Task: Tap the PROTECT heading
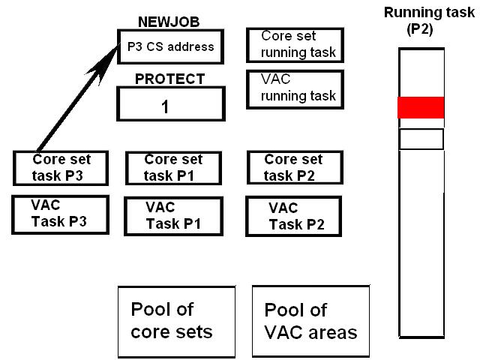(x=169, y=79)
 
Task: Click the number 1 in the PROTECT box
(x=164, y=106)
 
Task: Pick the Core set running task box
(x=295, y=45)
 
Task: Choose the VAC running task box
(x=295, y=89)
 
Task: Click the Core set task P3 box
(x=61, y=167)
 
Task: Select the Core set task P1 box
(x=173, y=167)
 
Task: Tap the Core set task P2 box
(x=293, y=167)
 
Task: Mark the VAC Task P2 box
(x=293, y=216)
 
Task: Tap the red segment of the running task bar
(x=421, y=107)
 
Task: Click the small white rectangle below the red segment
(x=421, y=139)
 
